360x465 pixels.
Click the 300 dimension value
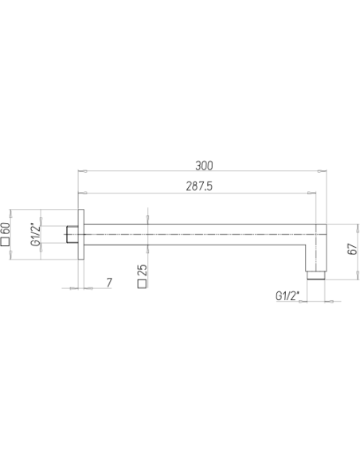pos(204,166)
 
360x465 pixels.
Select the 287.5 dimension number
pos(199,186)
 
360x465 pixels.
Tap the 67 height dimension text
pos(352,248)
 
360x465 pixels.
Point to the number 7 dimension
pos(109,283)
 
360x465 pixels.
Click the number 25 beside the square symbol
pos(143,270)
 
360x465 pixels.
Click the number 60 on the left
pos(6,229)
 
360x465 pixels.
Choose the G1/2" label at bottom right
pos(288,296)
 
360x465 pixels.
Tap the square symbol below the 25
pos(143,283)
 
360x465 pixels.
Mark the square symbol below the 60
pos(6,242)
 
